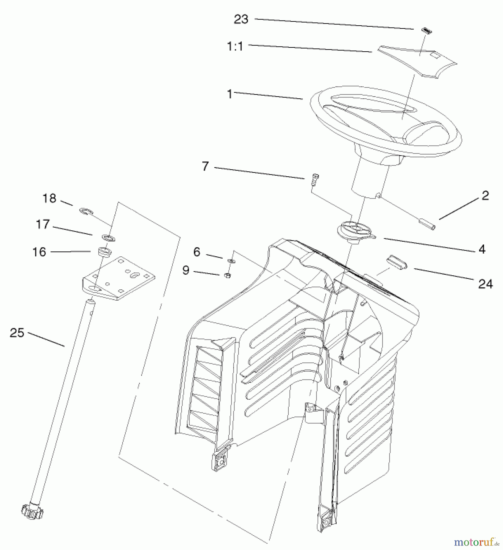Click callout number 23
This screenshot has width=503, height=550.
point(241,20)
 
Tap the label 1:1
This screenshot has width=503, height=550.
point(235,46)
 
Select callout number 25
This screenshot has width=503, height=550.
point(17,333)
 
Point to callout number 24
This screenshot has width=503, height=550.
point(485,284)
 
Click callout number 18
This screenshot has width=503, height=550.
point(49,198)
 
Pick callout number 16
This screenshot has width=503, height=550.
point(39,252)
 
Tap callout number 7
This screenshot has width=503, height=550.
point(205,166)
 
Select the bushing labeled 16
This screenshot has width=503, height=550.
point(104,252)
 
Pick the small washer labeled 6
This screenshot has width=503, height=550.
point(231,261)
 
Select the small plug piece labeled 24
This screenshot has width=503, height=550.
point(396,262)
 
